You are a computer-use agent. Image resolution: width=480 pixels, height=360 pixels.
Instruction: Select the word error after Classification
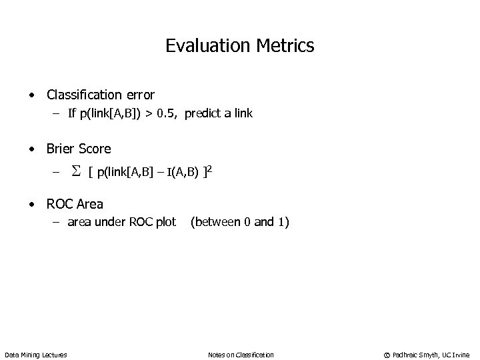point(139,95)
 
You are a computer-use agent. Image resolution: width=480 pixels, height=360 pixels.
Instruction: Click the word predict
point(204,114)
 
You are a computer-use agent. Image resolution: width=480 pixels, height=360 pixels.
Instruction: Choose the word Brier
point(61,149)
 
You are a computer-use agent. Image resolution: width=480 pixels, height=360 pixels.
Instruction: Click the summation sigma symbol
point(76,173)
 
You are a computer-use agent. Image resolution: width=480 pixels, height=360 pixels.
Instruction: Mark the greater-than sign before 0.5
point(153,114)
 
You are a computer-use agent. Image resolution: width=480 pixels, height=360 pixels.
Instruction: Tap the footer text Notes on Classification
point(240,355)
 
